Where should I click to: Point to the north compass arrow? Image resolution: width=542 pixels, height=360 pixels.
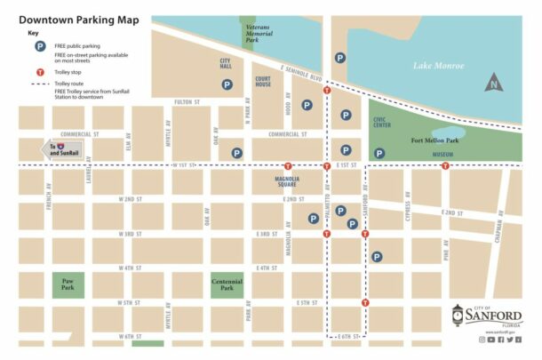[x=492, y=85]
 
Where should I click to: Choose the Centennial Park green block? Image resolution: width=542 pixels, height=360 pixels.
[x=227, y=285]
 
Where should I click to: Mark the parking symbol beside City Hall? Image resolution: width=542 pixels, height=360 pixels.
[x=227, y=85]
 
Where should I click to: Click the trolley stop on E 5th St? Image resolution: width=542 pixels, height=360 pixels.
[x=366, y=303]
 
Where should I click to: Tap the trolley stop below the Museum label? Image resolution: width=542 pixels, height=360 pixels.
[x=445, y=165]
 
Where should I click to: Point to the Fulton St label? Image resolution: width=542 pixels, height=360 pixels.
[x=187, y=102]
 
